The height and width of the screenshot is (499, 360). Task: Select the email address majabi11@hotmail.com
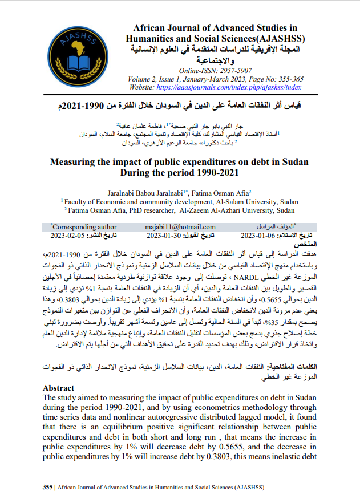click(180, 227)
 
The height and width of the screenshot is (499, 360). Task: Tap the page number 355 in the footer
click(48, 486)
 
